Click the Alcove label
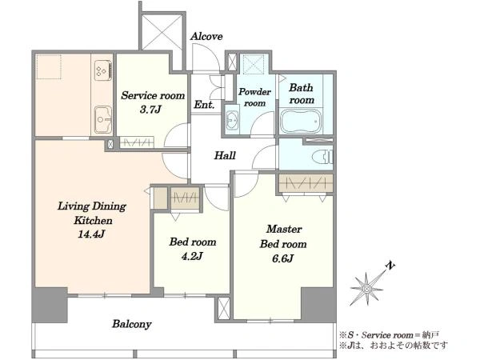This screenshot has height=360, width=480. (x=206, y=37)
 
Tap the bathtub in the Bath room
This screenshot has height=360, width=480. (x=301, y=122)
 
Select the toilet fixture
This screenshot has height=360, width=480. (x=322, y=157)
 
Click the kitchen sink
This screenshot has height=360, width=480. (x=103, y=119)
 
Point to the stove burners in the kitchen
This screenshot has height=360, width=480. (x=103, y=70)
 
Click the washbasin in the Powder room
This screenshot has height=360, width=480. (x=233, y=118)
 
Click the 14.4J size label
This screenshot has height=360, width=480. (x=91, y=234)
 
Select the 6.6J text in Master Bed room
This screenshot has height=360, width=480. (x=283, y=258)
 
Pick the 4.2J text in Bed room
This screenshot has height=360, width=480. (x=192, y=256)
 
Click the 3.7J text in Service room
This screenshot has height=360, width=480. (x=150, y=110)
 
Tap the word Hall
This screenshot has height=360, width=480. (x=225, y=155)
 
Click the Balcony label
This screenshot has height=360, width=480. (x=132, y=324)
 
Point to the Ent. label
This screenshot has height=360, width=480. (x=204, y=105)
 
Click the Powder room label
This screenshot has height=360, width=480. (x=254, y=98)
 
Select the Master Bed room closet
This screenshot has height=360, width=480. (x=306, y=184)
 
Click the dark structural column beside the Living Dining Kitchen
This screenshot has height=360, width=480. (x=50, y=305)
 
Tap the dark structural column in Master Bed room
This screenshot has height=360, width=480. (x=318, y=304)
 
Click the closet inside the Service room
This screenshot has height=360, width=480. (x=137, y=142)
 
